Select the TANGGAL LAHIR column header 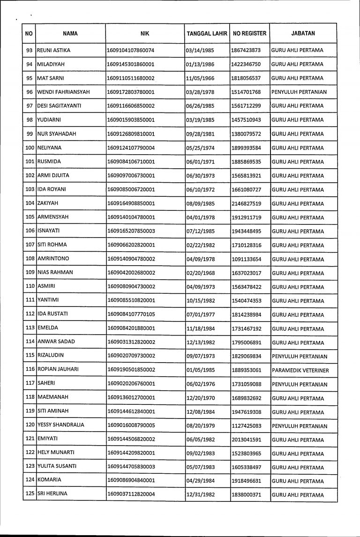207,34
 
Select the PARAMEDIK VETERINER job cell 300,371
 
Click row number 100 29,148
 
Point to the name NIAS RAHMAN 55,273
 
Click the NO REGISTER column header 249,34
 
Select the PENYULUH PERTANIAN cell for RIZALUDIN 299,357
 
